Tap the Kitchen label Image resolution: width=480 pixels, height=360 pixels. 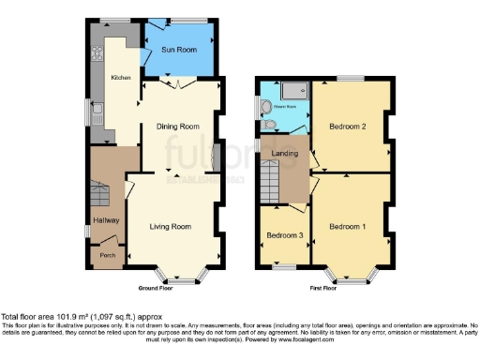(x=121, y=78)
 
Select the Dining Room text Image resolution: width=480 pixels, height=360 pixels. (x=178, y=126)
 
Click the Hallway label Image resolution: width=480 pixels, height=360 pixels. (x=104, y=220)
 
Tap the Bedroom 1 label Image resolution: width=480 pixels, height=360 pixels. (x=347, y=226)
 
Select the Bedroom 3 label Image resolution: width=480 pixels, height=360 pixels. (x=282, y=234)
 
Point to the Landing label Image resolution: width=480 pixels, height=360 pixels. (x=285, y=154)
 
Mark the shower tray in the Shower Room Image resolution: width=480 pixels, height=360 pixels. (x=294, y=90)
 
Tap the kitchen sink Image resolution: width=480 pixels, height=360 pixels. (x=97, y=115)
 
